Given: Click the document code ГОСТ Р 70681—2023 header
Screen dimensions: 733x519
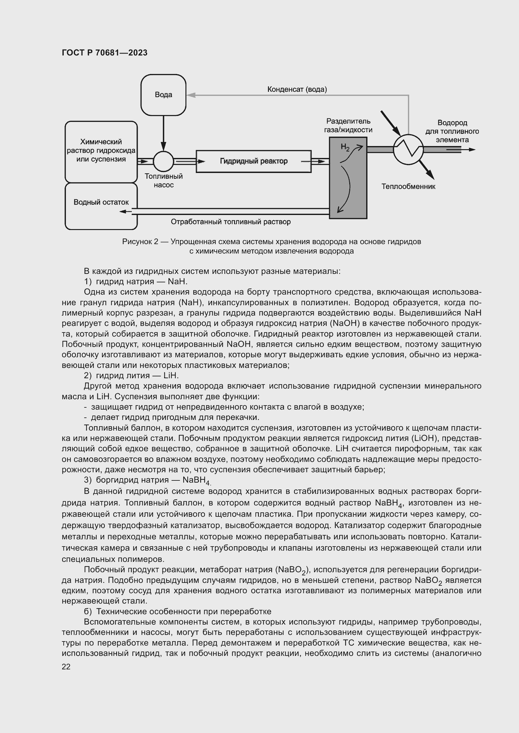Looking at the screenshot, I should (x=104, y=53).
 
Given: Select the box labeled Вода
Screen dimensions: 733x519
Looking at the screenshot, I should (x=163, y=95).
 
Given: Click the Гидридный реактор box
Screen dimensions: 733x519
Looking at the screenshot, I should (x=254, y=161).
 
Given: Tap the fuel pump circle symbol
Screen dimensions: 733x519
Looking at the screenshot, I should (x=163, y=161).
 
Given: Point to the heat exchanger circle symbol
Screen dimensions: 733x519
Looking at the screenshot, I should (x=408, y=149).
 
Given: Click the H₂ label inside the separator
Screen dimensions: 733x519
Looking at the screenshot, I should (x=345, y=147).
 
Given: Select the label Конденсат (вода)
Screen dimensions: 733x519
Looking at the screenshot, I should (x=297, y=89).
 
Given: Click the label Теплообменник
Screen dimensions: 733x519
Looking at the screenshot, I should (x=408, y=186).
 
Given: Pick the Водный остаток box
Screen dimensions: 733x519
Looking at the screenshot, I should (x=101, y=206).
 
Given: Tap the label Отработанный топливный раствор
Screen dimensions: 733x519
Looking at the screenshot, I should (x=230, y=222).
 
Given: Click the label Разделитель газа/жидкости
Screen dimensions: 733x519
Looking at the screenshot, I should (x=348, y=125).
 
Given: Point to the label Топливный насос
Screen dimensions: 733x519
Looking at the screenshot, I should (x=163, y=181).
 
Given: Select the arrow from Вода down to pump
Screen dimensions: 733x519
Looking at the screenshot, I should (x=163, y=133).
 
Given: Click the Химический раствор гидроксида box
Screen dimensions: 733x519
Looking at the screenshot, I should (x=101, y=152).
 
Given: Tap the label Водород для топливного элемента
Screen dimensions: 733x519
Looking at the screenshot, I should (x=452, y=131).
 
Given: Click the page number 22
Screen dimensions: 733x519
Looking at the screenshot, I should (x=66, y=667).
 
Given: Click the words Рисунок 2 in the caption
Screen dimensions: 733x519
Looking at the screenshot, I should (x=140, y=242).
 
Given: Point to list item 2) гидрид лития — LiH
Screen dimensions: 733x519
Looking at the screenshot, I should (x=131, y=375).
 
